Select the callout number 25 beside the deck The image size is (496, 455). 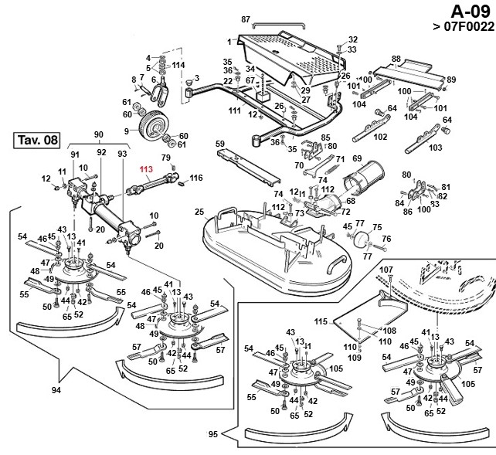click(199, 211)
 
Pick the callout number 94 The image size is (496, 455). click(56, 390)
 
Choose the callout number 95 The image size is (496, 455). click(213, 435)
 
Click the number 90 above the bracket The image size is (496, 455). click(99, 134)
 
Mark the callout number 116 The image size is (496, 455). click(196, 178)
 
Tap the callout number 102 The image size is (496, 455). click(380, 137)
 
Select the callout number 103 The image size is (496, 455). click(435, 147)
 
